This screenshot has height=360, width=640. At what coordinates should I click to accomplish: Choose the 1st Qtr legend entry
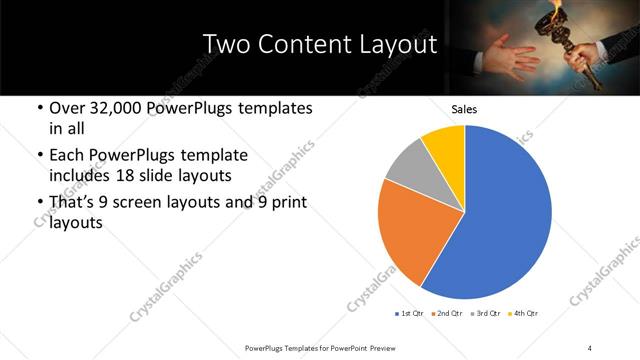(413, 314)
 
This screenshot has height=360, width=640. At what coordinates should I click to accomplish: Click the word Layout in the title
(391, 45)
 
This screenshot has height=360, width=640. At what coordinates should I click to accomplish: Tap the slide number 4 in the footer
(590, 347)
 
